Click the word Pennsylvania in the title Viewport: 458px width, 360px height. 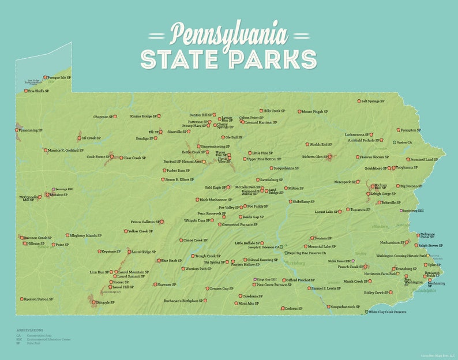pyautogui.click(x=228, y=35)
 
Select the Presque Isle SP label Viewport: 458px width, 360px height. pyautogui.click(x=59, y=77)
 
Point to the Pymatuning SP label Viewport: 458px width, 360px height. pyautogui.click(x=31, y=130)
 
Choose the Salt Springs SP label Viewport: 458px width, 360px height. pyautogui.click(x=373, y=101)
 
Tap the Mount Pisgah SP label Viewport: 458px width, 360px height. pyautogui.click(x=315, y=112)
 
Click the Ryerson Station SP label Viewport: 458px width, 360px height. pyautogui.click(x=38, y=299)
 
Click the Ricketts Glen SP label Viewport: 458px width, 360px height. pyautogui.click(x=313, y=156)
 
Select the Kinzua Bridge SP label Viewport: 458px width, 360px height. pyautogui.click(x=144, y=116)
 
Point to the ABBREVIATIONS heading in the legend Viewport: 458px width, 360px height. pyautogui.click(x=29, y=331)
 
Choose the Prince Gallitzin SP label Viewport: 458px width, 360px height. pyautogui.click(x=144, y=222)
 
